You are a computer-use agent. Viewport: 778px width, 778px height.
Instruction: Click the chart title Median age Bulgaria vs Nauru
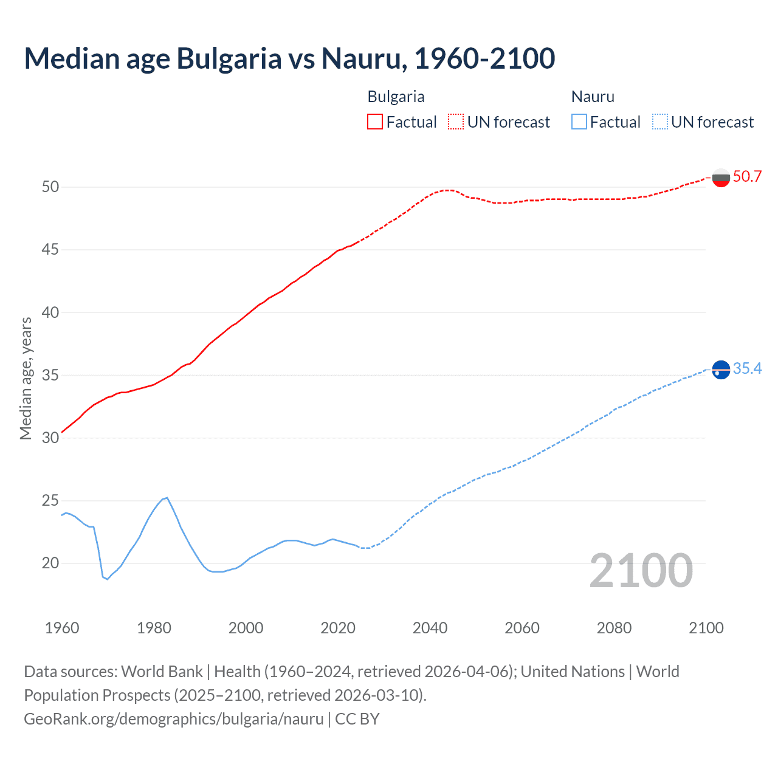click(289, 58)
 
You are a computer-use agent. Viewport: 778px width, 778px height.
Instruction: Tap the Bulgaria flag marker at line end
click(721, 177)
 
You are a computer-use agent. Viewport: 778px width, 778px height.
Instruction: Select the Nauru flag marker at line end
click(721, 369)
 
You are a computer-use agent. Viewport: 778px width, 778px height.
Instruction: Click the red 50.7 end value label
click(747, 177)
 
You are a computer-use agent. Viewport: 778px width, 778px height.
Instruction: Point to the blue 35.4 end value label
click(747, 369)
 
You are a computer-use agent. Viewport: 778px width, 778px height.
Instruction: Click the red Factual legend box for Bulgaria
click(375, 122)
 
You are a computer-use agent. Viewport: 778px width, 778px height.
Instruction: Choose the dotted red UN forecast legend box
click(456, 122)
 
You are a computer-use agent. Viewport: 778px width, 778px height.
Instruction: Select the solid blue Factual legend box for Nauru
click(579, 122)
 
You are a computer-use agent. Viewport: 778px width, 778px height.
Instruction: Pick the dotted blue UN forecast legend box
click(660, 122)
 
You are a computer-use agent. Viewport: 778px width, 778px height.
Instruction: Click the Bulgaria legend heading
click(396, 97)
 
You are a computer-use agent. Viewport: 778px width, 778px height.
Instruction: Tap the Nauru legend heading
click(593, 97)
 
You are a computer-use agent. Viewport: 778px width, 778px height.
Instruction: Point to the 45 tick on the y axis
click(50, 250)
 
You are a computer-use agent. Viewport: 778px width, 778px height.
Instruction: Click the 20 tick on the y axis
click(50, 563)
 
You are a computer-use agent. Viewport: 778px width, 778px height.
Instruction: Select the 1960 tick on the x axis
click(62, 628)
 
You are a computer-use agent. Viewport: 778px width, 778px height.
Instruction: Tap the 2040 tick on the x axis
click(430, 628)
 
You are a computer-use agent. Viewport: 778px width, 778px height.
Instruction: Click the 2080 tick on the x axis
click(614, 628)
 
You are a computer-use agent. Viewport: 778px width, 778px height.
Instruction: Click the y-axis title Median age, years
click(26, 378)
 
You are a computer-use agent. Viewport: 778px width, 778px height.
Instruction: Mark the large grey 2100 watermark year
click(641, 571)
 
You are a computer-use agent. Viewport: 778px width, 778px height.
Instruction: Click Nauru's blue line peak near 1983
click(167, 498)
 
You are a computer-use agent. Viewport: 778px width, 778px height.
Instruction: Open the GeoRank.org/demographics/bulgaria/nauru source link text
click(174, 719)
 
